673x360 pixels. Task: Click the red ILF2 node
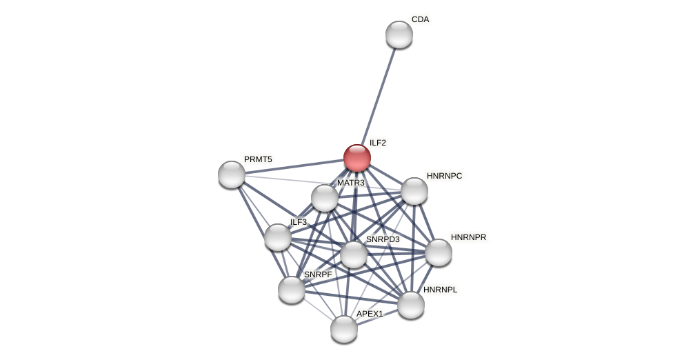click(x=357, y=158)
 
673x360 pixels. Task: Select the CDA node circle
click(x=399, y=34)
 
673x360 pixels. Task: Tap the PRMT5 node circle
click(x=232, y=174)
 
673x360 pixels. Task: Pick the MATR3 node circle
click(x=325, y=198)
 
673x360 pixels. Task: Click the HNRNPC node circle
click(x=414, y=191)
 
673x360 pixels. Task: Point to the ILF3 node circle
click(x=278, y=237)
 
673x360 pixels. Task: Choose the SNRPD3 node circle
click(x=354, y=254)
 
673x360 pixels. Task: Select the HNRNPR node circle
click(x=439, y=252)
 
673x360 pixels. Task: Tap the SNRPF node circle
click(x=292, y=290)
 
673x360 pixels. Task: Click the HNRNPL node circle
click(x=411, y=305)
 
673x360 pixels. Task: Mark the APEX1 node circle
click(x=344, y=329)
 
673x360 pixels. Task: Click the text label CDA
click(x=420, y=19)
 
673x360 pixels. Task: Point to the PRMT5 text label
click(x=258, y=159)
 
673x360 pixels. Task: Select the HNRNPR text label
click(x=468, y=237)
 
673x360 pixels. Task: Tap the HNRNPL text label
click(x=440, y=290)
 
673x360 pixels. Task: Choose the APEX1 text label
click(x=370, y=314)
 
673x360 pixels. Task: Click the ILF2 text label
click(x=378, y=143)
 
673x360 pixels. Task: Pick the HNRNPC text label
click(x=444, y=176)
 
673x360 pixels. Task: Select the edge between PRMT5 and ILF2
click(x=294, y=166)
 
